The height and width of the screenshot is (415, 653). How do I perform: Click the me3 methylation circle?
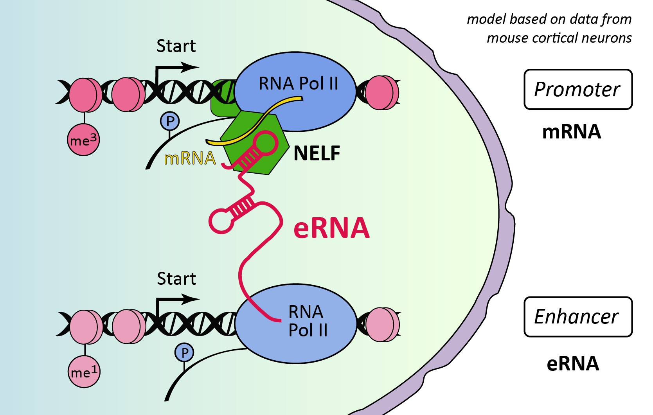[x=83, y=140]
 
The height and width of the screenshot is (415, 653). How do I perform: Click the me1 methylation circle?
[x=84, y=372]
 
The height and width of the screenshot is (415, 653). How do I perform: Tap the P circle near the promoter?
[x=170, y=121]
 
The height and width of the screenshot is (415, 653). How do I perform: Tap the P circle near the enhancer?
[x=185, y=353]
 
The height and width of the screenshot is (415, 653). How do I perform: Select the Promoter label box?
[x=578, y=90]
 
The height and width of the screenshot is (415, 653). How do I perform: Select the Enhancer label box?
[x=578, y=317]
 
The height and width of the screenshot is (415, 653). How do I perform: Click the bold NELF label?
[x=317, y=153]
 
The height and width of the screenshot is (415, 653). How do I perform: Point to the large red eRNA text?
[x=331, y=228]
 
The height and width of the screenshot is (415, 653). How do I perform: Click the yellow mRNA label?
[x=190, y=158]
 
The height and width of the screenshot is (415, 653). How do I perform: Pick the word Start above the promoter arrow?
[x=176, y=46]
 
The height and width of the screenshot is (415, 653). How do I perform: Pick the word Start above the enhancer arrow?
[x=176, y=279]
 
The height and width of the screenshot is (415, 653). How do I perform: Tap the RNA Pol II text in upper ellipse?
[x=298, y=84]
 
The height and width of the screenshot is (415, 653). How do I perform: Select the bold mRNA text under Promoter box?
[x=571, y=132]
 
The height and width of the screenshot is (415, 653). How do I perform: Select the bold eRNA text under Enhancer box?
[x=573, y=363]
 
